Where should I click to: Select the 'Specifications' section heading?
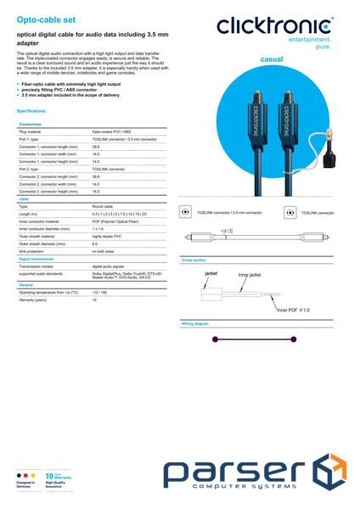(31, 111)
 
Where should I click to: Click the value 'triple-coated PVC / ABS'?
(111, 132)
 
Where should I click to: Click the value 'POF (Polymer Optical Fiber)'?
(115, 221)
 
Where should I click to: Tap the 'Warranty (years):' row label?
(33, 300)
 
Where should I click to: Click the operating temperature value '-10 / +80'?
(101, 293)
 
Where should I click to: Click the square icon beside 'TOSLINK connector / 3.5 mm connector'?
(186, 211)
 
